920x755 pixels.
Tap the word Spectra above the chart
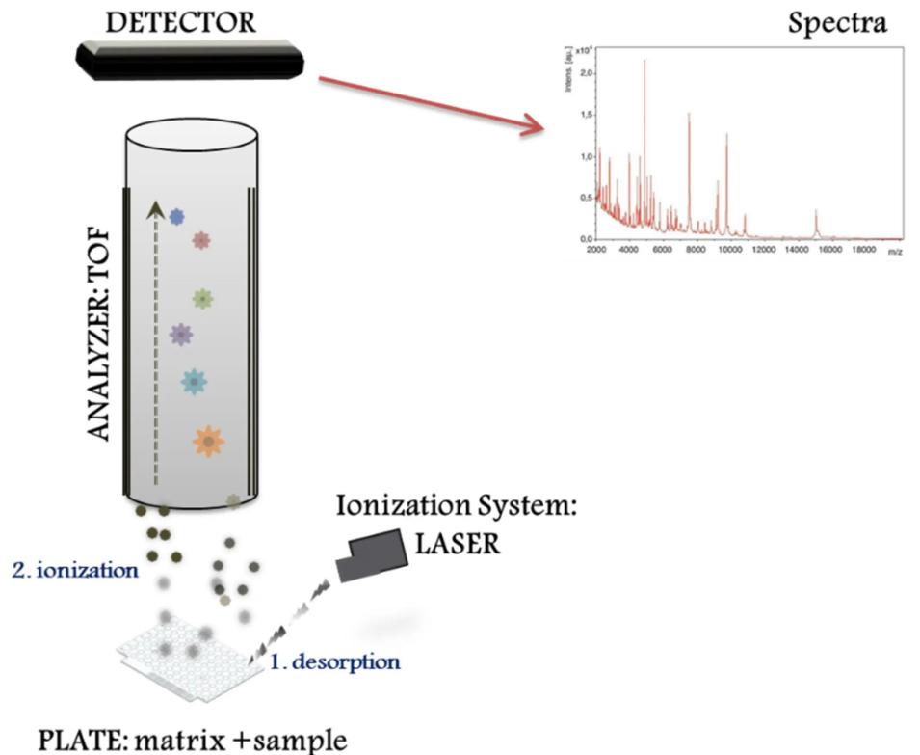837,23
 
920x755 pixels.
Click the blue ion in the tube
176,217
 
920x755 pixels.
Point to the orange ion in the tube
208,441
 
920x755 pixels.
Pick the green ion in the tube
201,299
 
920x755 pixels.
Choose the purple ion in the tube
180,335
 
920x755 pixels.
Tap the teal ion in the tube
194,382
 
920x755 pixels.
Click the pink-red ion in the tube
200,240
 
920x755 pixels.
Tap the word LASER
458,544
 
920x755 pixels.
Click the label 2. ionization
75,569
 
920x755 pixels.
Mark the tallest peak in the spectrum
644,62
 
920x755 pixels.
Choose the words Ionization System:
457,505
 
